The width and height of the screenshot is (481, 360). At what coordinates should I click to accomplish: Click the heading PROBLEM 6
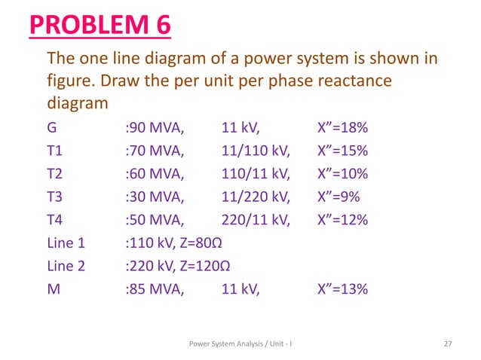tap(100, 26)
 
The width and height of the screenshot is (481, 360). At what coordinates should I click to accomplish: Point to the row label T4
tap(55, 223)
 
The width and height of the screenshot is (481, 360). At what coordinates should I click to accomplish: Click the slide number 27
tap(448, 344)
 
